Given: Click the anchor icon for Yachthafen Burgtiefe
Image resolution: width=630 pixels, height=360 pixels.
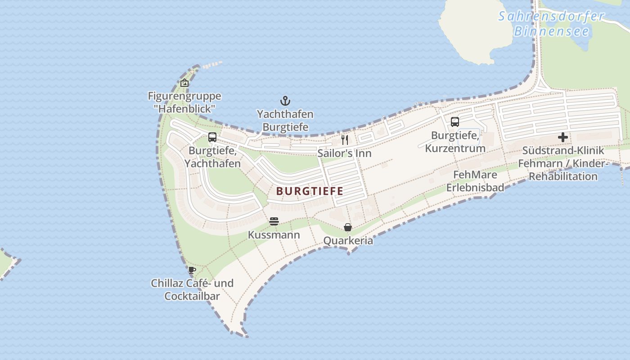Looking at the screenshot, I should [x=285, y=101].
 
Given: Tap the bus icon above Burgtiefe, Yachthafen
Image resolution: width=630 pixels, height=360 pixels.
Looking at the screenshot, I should [x=212, y=137].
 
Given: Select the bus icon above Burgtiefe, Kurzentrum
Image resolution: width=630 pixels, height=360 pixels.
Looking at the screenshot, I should [x=455, y=121].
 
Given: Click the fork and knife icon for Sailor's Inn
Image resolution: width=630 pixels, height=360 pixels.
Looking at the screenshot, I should [x=345, y=139].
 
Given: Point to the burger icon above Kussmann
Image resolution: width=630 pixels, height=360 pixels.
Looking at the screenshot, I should [x=274, y=221].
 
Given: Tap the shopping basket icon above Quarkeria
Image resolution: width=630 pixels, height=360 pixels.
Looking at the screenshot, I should [x=348, y=227].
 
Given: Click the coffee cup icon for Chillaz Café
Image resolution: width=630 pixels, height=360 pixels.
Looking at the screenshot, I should [x=192, y=270].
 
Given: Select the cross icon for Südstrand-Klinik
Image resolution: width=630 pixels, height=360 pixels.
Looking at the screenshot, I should [x=563, y=137].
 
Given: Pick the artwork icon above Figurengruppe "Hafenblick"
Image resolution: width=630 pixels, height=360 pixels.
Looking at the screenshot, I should [x=184, y=83].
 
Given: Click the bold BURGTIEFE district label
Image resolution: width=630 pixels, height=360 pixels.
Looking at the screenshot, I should [x=310, y=191].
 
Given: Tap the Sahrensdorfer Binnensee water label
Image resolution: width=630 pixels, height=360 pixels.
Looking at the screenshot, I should [x=551, y=24].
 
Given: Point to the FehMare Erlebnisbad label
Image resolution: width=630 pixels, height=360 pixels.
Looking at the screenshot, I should [x=475, y=181].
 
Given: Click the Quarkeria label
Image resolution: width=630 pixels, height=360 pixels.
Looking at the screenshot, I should [x=348, y=241].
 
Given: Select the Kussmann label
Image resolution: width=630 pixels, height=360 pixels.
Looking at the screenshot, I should [x=274, y=235].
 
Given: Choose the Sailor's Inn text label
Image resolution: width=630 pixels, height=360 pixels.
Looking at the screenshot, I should [x=345, y=153].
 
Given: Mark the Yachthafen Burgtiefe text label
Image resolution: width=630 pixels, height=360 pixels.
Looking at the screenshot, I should [x=285, y=121].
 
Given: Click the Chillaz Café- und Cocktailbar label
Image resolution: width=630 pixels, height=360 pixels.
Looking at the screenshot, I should [x=192, y=289].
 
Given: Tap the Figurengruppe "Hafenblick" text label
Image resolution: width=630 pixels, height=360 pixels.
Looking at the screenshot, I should [x=184, y=102].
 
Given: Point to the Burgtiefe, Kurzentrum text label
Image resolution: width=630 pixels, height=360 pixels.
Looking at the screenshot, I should [x=455, y=142].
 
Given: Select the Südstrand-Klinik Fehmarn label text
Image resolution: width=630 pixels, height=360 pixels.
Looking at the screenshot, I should [x=563, y=163].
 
